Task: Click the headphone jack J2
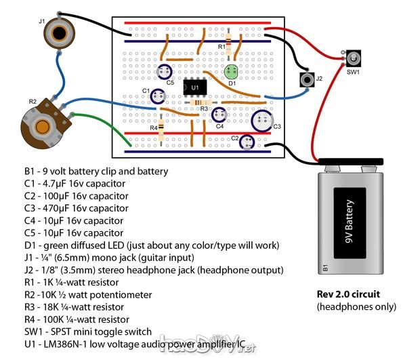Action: click(308, 80)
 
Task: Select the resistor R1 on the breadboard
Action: click(230, 46)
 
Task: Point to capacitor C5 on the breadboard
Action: click(164, 72)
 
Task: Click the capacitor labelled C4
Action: click(219, 115)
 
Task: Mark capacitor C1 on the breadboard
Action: click(158, 98)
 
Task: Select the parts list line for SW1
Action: click(85, 332)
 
